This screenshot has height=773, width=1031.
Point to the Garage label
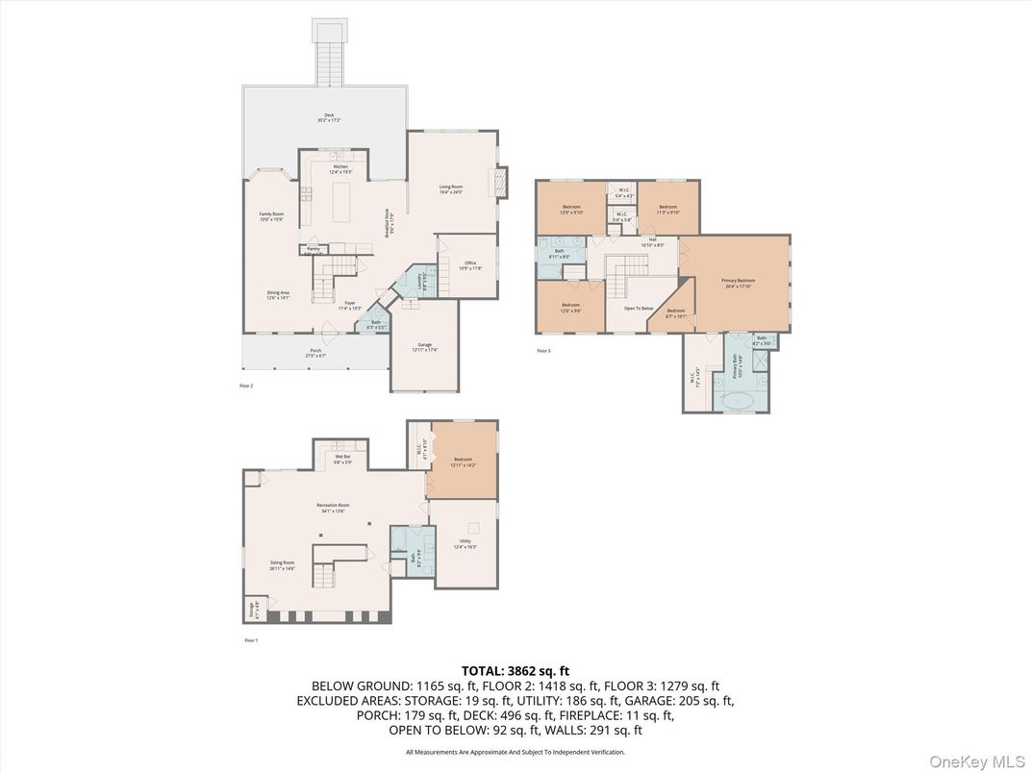click(424, 346)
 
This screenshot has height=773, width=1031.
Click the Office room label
click(470, 264)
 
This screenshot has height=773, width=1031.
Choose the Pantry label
click(314, 250)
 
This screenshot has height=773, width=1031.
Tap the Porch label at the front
click(315, 352)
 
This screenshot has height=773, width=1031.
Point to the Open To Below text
click(639, 310)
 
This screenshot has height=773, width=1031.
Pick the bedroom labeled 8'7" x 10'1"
click(676, 312)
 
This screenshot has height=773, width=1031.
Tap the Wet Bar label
click(342, 460)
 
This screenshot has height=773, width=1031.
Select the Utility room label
click(465, 544)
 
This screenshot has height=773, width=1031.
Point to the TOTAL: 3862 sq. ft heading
click(515, 670)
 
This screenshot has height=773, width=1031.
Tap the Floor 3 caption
click(543, 351)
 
